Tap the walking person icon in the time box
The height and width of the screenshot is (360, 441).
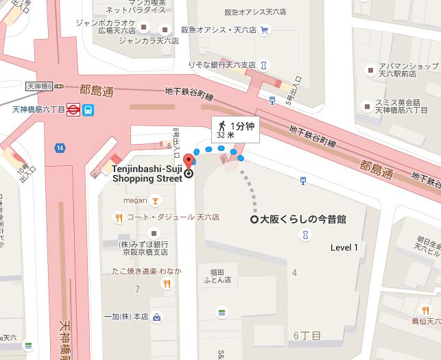[x=222, y=125]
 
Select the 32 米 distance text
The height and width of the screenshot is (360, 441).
[x=224, y=136]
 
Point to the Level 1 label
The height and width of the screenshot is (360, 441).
[x=344, y=248]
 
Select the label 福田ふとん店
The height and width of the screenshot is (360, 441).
[x=216, y=276]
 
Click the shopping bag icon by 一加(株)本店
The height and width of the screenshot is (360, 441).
[x=157, y=317]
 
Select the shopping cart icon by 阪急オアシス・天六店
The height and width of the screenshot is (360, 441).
[x=263, y=29]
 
